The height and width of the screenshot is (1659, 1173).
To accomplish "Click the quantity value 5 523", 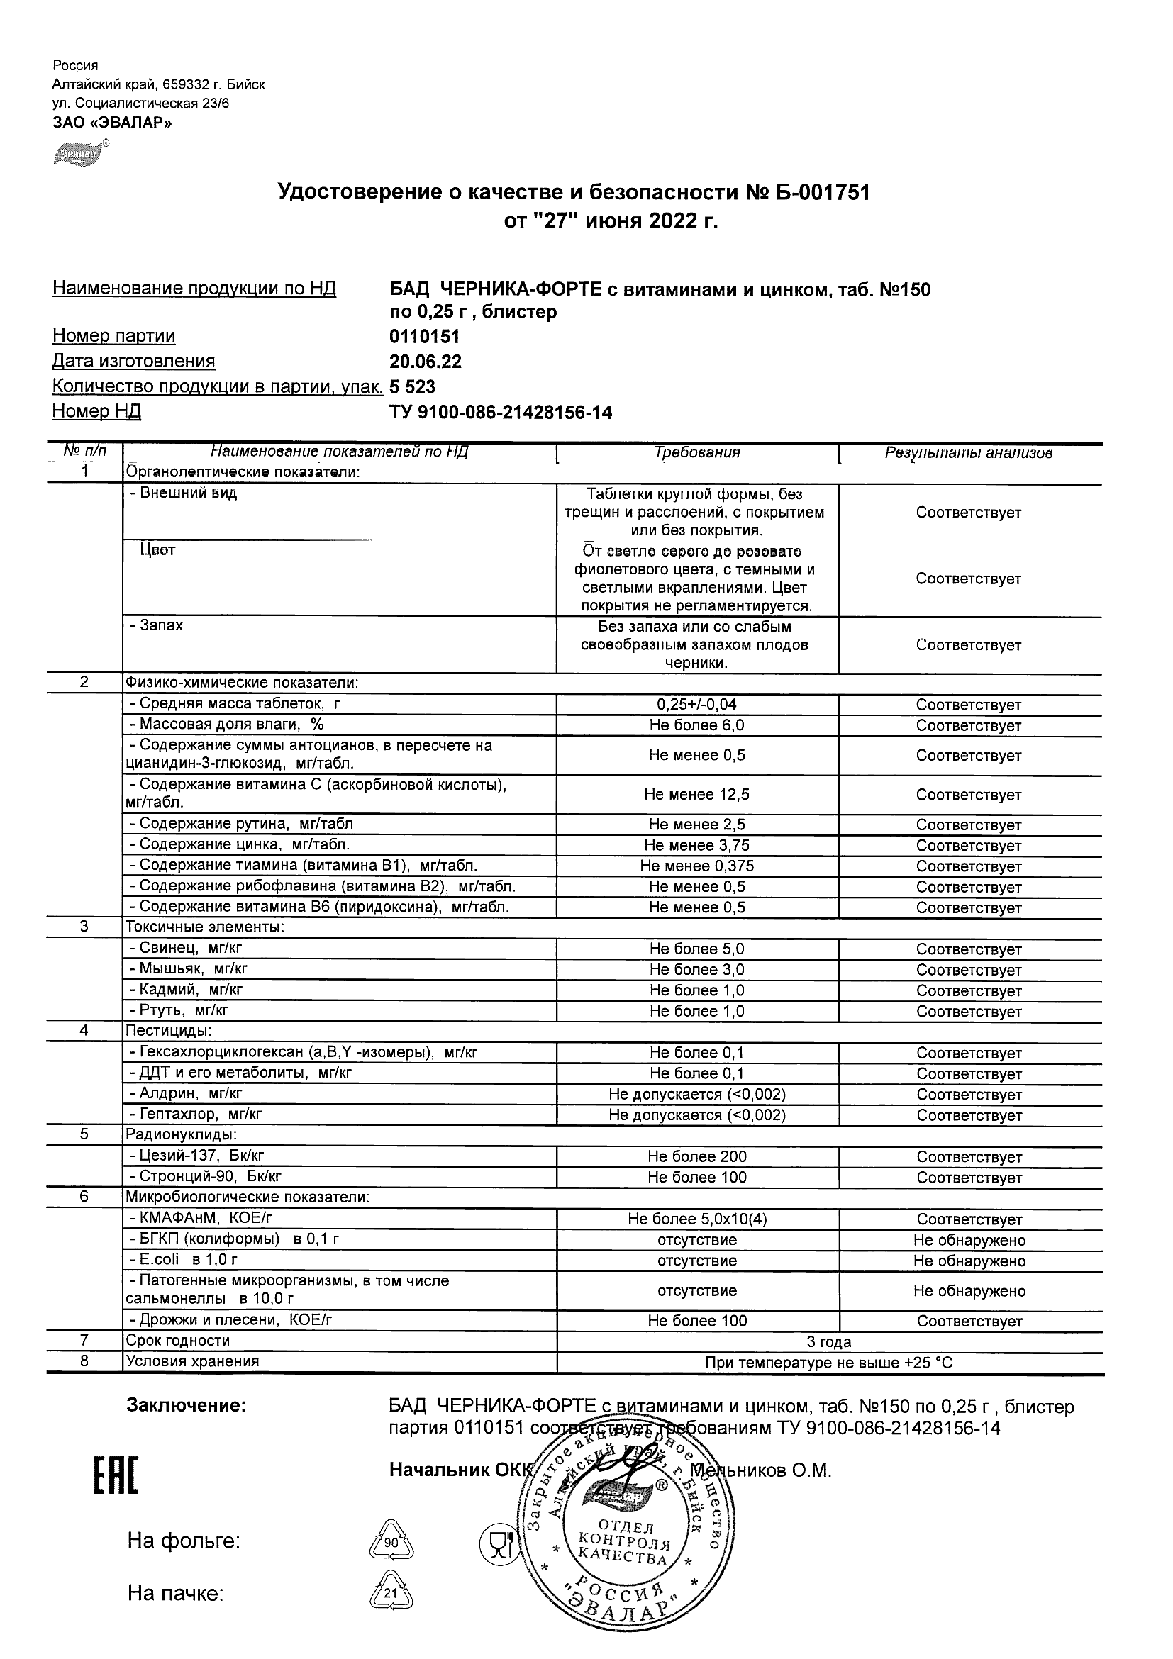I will click(x=412, y=386).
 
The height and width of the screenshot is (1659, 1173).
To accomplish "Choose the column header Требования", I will click(x=696, y=453).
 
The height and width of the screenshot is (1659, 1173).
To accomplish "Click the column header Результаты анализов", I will click(x=969, y=453).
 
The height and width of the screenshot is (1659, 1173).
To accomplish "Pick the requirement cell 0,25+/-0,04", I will click(x=696, y=705).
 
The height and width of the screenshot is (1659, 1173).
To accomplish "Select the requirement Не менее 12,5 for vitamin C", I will click(x=696, y=795).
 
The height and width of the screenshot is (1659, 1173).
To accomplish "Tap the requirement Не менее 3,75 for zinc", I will click(x=696, y=845).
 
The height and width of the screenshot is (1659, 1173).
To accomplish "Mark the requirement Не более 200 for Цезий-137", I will click(x=696, y=1157).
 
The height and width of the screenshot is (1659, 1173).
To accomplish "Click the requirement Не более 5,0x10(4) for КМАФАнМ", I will click(x=696, y=1219).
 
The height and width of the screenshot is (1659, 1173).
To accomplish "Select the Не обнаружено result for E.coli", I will click(x=969, y=1261).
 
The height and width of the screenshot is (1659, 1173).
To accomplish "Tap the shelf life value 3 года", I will click(x=829, y=1342).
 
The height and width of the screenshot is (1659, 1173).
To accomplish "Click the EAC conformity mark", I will click(x=116, y=1475).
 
